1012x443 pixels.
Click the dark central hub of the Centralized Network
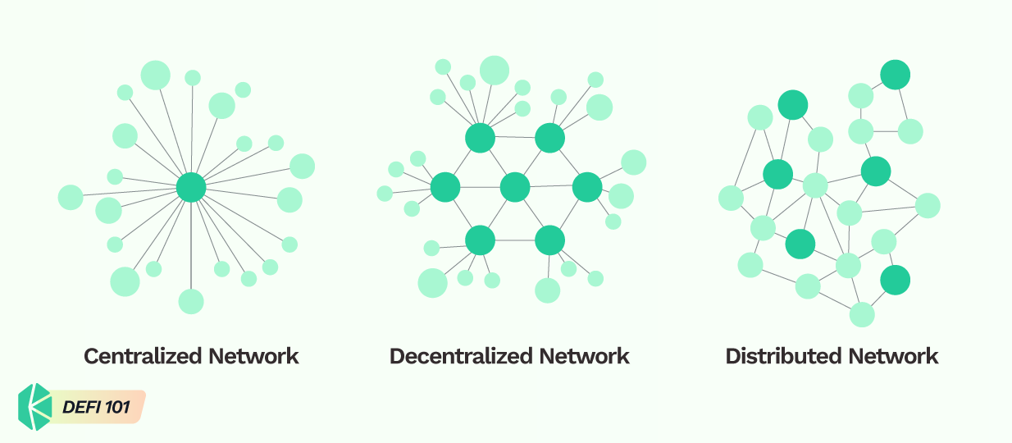191,187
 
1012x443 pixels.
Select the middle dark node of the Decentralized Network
515,187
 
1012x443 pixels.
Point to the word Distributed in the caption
783,356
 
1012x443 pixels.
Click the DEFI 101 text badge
96,407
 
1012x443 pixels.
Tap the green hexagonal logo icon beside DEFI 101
35,407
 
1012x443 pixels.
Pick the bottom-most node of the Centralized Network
191,301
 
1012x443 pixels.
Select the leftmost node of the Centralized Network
71,197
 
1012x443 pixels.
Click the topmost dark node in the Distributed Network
895,75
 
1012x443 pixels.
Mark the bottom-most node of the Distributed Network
862,314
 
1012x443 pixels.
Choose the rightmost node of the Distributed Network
928,205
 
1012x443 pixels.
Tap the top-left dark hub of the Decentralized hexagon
480,138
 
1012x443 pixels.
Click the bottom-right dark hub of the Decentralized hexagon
549,240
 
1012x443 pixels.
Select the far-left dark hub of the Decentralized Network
445,187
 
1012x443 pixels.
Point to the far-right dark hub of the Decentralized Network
586,187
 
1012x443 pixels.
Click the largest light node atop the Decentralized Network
495,71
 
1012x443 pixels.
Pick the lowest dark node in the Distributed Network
895,280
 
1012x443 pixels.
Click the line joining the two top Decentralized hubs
515,138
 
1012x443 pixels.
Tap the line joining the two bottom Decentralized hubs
515,240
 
